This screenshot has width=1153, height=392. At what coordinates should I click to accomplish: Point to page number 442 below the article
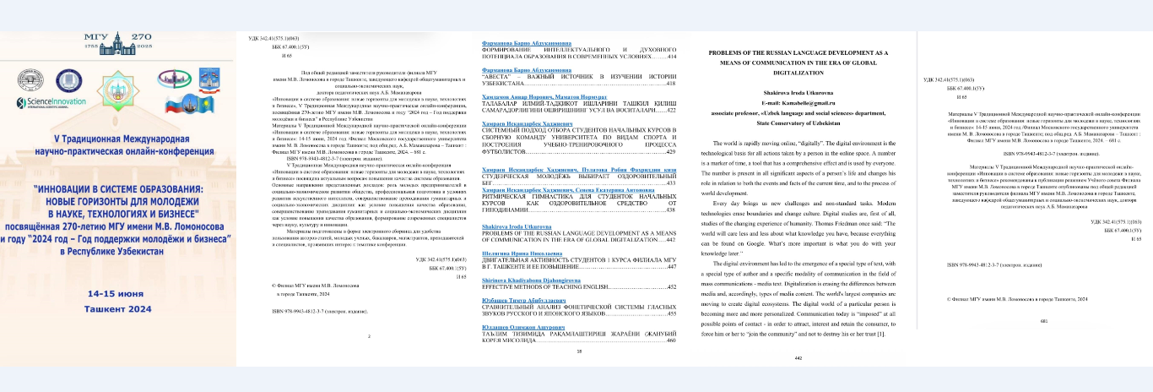click(799, 358)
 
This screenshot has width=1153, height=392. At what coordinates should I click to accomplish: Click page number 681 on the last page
click(1044, 345)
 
